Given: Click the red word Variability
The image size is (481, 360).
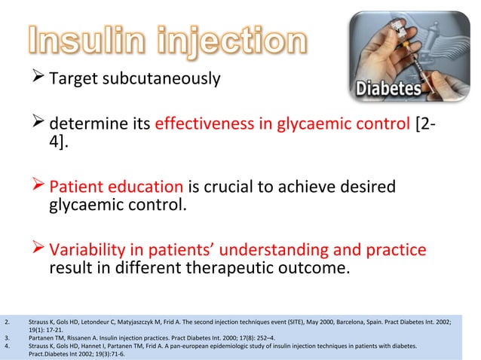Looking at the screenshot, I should [x=89, y=250].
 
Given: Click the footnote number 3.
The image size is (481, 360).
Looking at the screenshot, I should [x=7, y=338].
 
